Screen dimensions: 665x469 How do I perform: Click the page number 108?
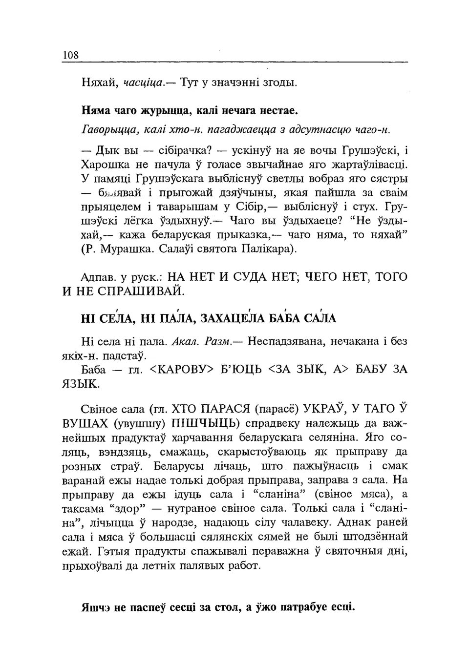coord(70,55)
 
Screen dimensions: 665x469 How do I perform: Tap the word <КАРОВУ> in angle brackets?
coord(184,370)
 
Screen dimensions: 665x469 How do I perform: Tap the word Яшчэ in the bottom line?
coord(96,608)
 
